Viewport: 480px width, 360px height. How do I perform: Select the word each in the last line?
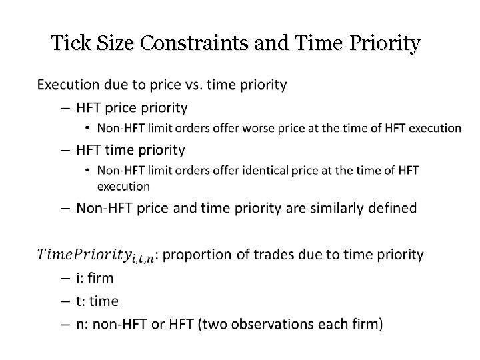click(x=337, y=325)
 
